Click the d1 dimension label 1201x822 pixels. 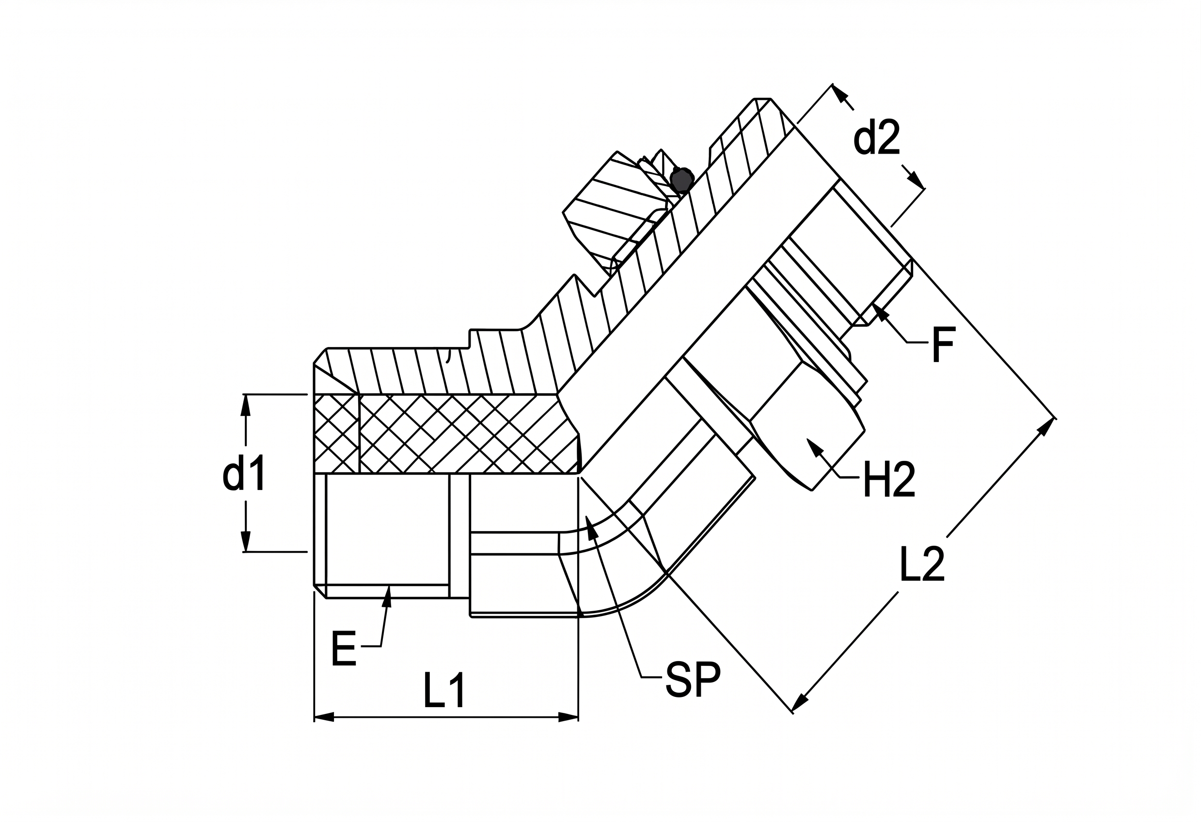coord(244,472)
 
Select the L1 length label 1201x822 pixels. coord(444,690)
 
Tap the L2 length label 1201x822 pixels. coord(922,564)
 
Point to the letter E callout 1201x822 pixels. coord(344,648)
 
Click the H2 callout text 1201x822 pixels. coord(889,479)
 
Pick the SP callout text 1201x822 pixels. coord(693,680)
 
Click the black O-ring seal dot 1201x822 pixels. coord(680,180)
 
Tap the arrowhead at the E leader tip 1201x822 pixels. coord(388,596)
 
